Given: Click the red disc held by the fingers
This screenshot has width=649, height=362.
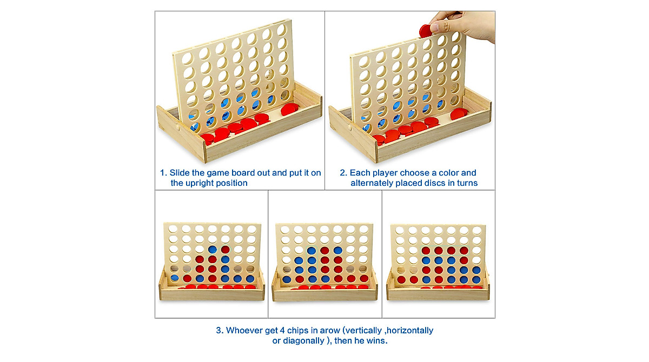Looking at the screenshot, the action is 425,31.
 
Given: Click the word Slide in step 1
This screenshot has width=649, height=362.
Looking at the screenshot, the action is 180,173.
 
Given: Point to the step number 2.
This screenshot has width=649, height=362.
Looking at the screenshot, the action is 343,173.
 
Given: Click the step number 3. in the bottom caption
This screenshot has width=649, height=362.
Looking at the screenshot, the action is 220,331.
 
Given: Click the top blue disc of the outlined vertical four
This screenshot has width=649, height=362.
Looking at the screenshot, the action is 312,250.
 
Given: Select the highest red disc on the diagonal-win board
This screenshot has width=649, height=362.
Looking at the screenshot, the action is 226,250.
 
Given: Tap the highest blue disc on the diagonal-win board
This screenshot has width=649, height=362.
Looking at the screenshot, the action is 213,250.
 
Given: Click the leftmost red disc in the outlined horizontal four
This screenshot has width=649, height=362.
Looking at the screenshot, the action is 426,251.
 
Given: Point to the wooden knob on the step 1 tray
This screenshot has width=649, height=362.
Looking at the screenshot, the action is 177,126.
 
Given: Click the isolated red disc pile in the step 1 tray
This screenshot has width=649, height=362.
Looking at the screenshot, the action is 289,109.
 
